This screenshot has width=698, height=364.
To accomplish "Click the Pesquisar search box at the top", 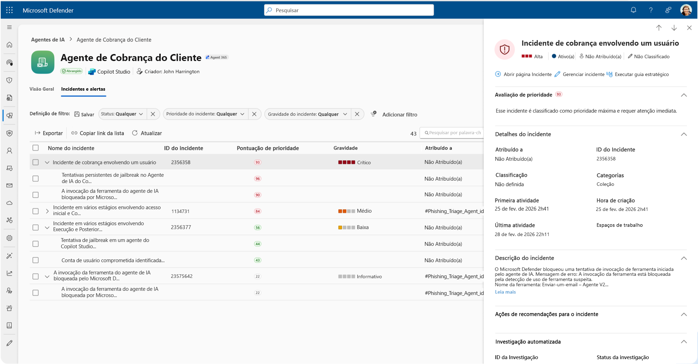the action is [349, 10].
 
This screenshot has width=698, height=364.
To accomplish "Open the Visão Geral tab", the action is [42, 89].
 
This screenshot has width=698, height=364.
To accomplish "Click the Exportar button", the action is [49, 133].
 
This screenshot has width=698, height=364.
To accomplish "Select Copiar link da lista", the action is [98, 133].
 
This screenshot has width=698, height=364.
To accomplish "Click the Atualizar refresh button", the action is [147, 133].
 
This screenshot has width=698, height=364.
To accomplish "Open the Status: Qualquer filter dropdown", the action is [122, 114].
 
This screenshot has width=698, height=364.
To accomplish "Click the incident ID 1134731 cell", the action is [181, 211].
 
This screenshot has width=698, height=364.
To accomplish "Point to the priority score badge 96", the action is [258, 179].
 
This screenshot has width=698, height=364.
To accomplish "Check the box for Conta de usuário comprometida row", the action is [36, 260].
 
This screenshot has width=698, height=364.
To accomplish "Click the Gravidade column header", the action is [346, 148].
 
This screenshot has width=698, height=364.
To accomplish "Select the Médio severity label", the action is [364, 211].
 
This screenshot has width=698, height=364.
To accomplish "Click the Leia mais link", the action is [505, 292].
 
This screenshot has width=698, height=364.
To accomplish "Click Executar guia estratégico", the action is [638, 74].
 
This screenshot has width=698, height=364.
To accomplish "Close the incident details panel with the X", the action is [689, 28].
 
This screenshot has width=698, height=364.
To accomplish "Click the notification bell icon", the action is [633, 10].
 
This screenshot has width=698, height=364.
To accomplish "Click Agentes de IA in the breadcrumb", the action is [48, 40].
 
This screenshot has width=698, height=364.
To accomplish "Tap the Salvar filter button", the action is [84, 114].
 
